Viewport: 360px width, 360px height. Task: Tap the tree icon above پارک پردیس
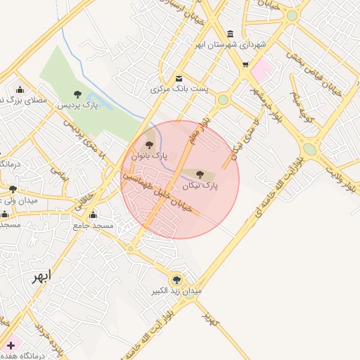(x=77, y=94)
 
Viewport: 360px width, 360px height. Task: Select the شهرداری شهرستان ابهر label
(x=231, y=44)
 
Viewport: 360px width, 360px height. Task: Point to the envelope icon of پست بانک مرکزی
(x=179, y=79)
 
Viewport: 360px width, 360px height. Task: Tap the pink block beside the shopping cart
(x=262, y=70)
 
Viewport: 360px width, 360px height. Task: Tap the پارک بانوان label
(x=148, y=157)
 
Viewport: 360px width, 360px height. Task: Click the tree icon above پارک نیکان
(x=200, y=173)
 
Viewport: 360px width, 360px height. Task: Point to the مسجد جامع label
(x=94, y=226)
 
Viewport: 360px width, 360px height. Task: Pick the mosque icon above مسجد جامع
(x=94, y=215)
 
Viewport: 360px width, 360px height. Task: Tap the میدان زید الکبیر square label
(x=176, y=290)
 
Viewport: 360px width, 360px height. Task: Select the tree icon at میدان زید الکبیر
(x=176, y=279)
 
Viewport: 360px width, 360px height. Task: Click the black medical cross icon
(x=11, y=345)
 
